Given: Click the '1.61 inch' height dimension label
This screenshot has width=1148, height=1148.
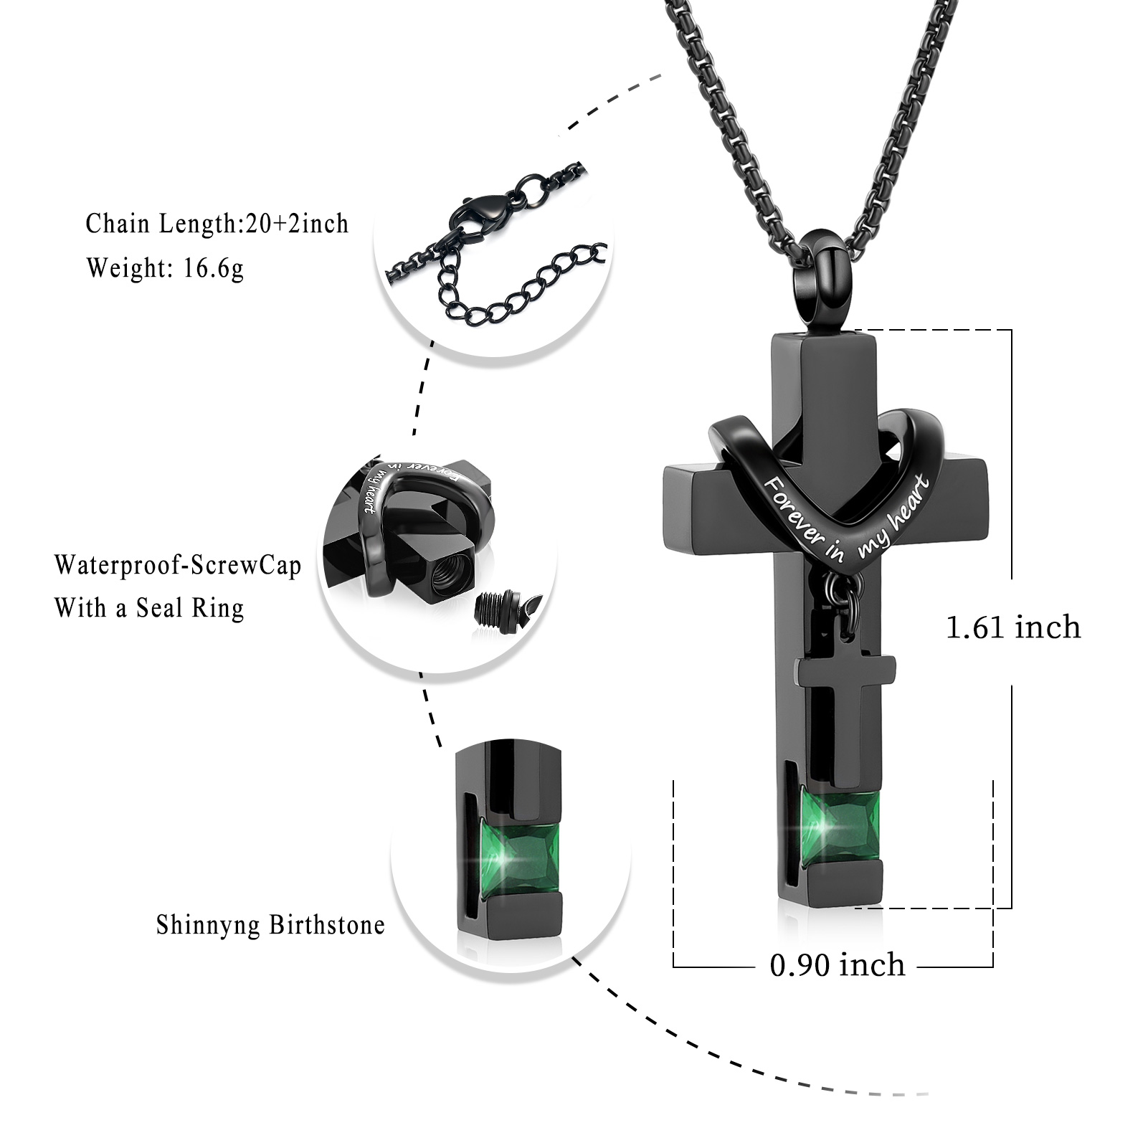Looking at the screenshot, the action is [1012, 627].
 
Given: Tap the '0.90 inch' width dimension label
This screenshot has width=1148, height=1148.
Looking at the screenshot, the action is [837, 964].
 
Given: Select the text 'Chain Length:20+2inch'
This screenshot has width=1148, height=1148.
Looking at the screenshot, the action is [217, 224].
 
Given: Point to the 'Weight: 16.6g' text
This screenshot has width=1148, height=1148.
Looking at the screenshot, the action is [165, 268].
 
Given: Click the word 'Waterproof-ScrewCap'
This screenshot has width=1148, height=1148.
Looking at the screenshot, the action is [178, 566].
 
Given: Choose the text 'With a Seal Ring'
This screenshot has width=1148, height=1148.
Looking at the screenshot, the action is [149, 608].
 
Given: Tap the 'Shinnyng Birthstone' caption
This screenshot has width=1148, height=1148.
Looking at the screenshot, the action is [270, 924].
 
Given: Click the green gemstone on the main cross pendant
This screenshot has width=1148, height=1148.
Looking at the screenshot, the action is [839, 826].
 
